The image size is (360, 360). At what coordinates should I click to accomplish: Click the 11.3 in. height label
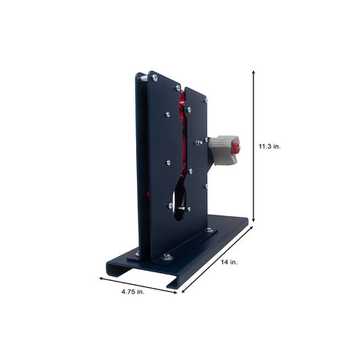269,146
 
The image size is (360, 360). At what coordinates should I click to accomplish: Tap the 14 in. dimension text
229,262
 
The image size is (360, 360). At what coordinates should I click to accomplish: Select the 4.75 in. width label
132,292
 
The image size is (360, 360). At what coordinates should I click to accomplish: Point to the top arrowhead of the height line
253,72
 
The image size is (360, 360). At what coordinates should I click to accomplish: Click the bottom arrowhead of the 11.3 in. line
253,219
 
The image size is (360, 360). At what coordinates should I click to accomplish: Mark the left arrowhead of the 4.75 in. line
102,279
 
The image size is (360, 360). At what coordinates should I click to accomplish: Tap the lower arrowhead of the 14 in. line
184,290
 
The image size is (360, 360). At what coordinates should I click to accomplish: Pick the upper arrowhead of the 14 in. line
250,229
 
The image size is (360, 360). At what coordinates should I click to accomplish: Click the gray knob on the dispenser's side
224,150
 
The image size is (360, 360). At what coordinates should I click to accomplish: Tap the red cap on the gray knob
236,149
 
